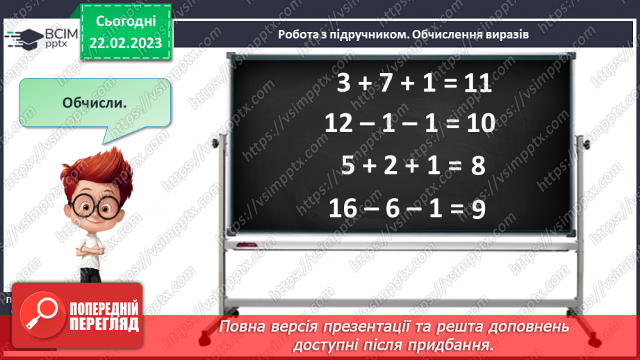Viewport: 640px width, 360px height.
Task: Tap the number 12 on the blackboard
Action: [x=340, y=124]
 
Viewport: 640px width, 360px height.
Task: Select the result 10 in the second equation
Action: [x=479, y=124]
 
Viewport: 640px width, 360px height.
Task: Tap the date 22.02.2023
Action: [x=125, y=43]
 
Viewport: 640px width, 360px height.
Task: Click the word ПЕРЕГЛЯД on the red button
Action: [x=104, y=324]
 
